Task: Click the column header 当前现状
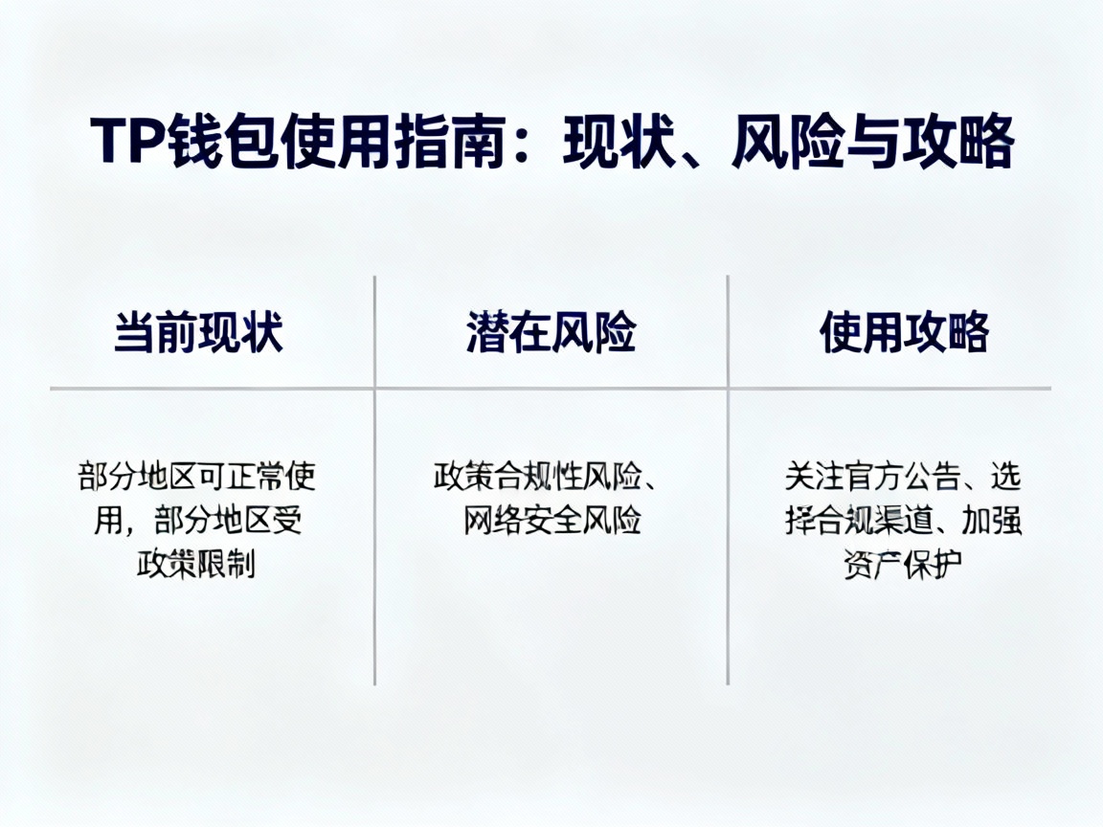pyautogui.click(x=198, y=333)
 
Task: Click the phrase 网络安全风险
pyautogui.click(x=551, y=521)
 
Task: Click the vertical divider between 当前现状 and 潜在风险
pyautogui.click(x=374, y=479)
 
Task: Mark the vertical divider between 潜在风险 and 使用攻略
pyautogui.click(x=728, y=479)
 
